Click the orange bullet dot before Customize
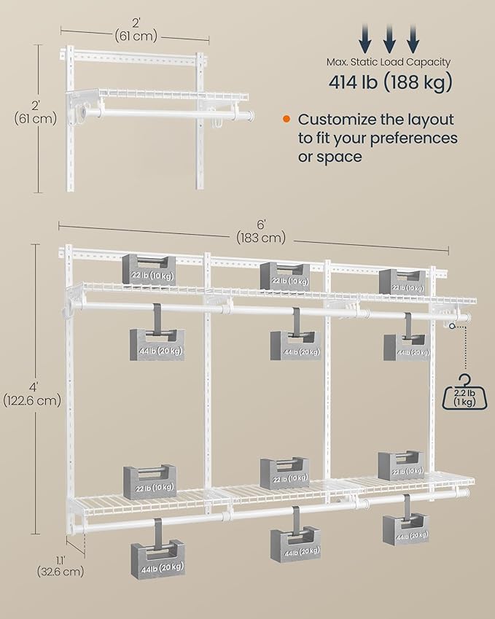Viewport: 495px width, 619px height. click(x=287, y=119)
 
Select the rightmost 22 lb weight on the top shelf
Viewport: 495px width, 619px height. click(x=402, y=282)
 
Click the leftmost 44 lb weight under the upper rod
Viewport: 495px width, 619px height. click(x=157, y=345)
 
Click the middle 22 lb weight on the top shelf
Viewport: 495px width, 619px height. click(x=285, y=276)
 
